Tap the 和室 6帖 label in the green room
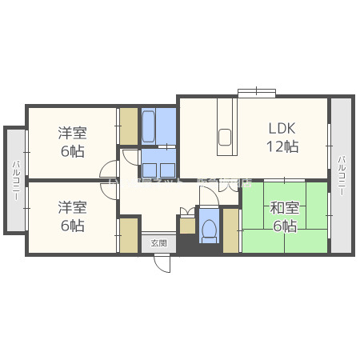[283, 217]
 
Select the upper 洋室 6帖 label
[71, 142]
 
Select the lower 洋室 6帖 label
[71, 216]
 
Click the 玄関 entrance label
[158, 243]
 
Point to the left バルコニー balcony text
[15, 181]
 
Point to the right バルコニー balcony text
[342, 175]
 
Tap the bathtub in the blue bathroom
[150, 127]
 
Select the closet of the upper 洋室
[129, 126]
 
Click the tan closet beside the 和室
[230, 230]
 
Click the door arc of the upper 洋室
[110, 170]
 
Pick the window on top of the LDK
[256, 91]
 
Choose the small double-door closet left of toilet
[186, 224]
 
